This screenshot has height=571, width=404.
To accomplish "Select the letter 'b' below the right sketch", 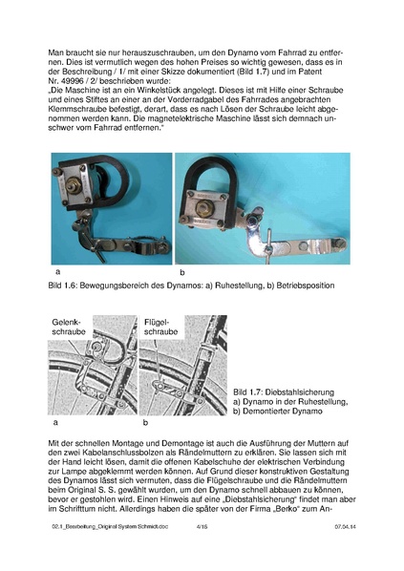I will [x=145, y=420].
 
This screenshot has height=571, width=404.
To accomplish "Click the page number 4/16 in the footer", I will [x=201, y=552].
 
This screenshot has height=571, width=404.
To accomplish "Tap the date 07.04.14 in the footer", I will [x=345, y=552].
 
